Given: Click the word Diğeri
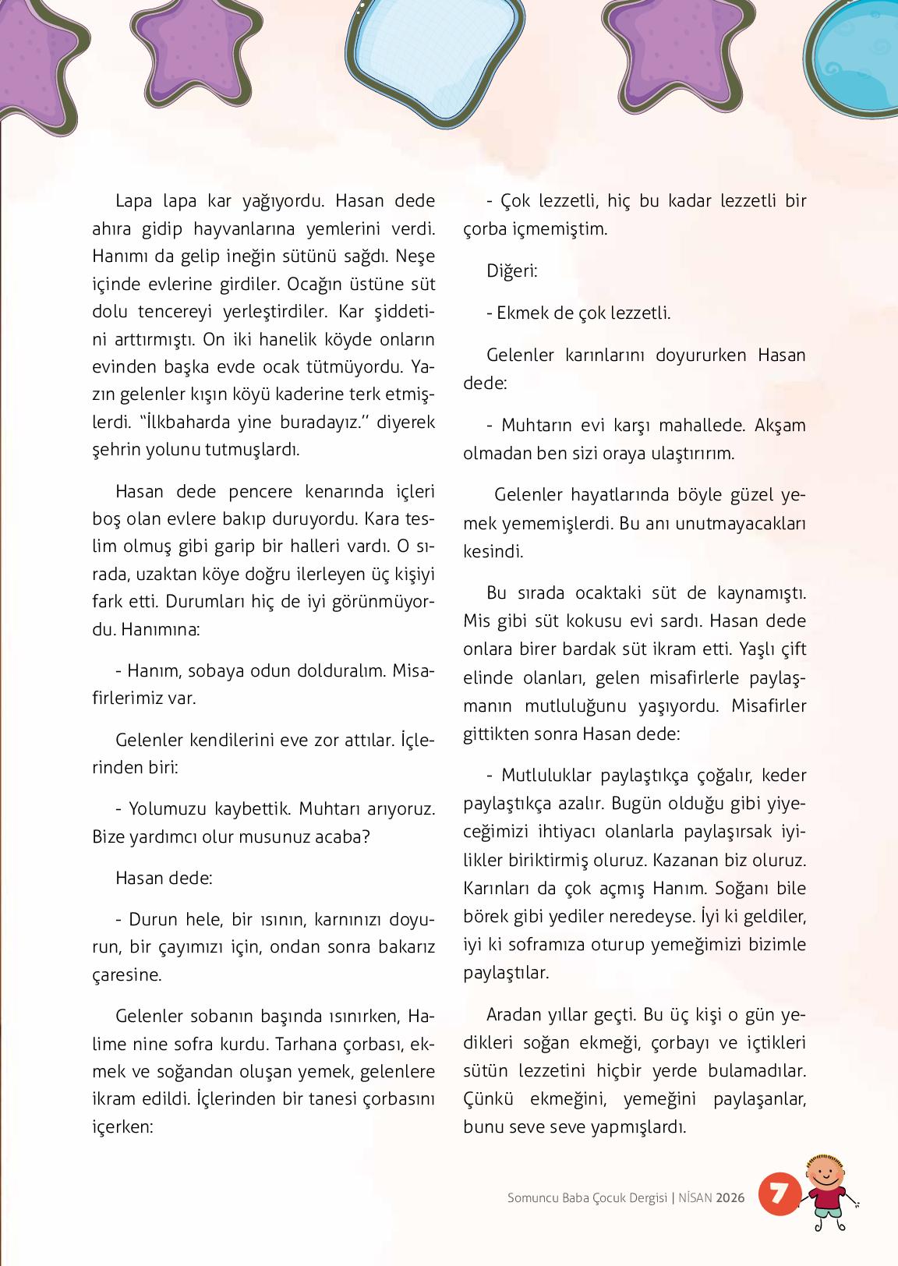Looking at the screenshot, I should [511, 271].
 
